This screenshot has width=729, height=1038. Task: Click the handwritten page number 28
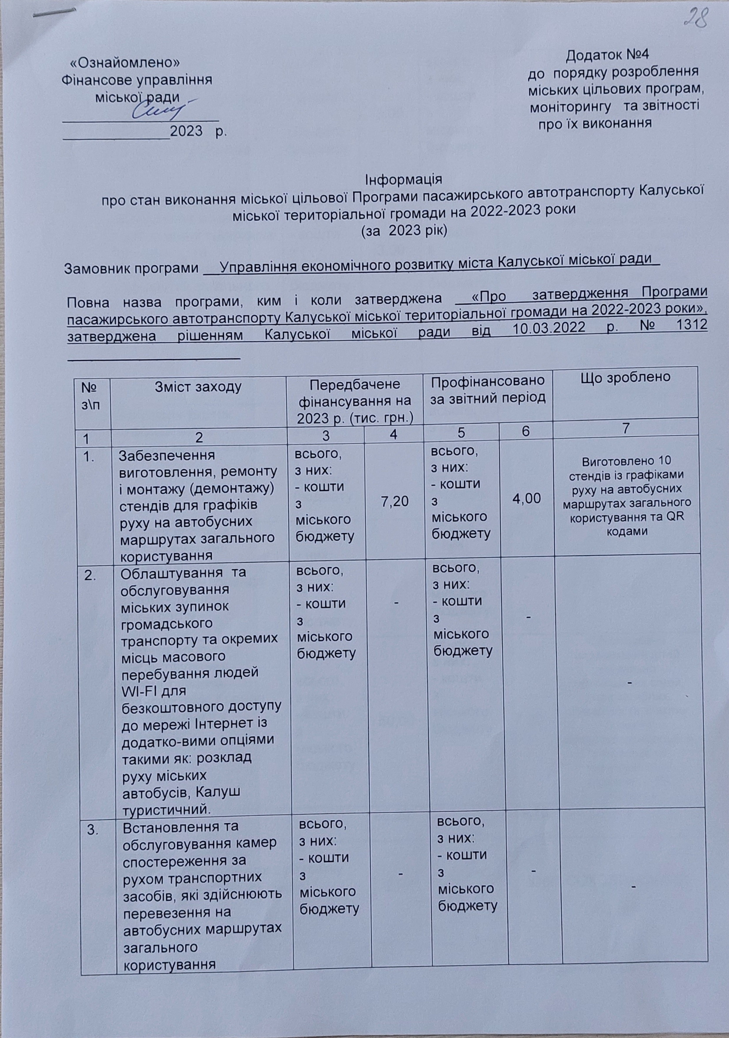[x=695, y=19]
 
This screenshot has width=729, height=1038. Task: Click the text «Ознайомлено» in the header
[x=126, y=62]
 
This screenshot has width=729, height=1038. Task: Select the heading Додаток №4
[x=607, y=55]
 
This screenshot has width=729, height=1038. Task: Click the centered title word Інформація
[x=403, y=180]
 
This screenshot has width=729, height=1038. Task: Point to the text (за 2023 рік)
[x=403, y=231]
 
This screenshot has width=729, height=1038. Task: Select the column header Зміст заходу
[x=198, y=387]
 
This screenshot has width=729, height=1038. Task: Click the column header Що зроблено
[x=625, y=377]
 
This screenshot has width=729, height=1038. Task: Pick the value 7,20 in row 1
[x=395, y=500]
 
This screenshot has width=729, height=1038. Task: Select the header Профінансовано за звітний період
[x=488, y=390]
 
